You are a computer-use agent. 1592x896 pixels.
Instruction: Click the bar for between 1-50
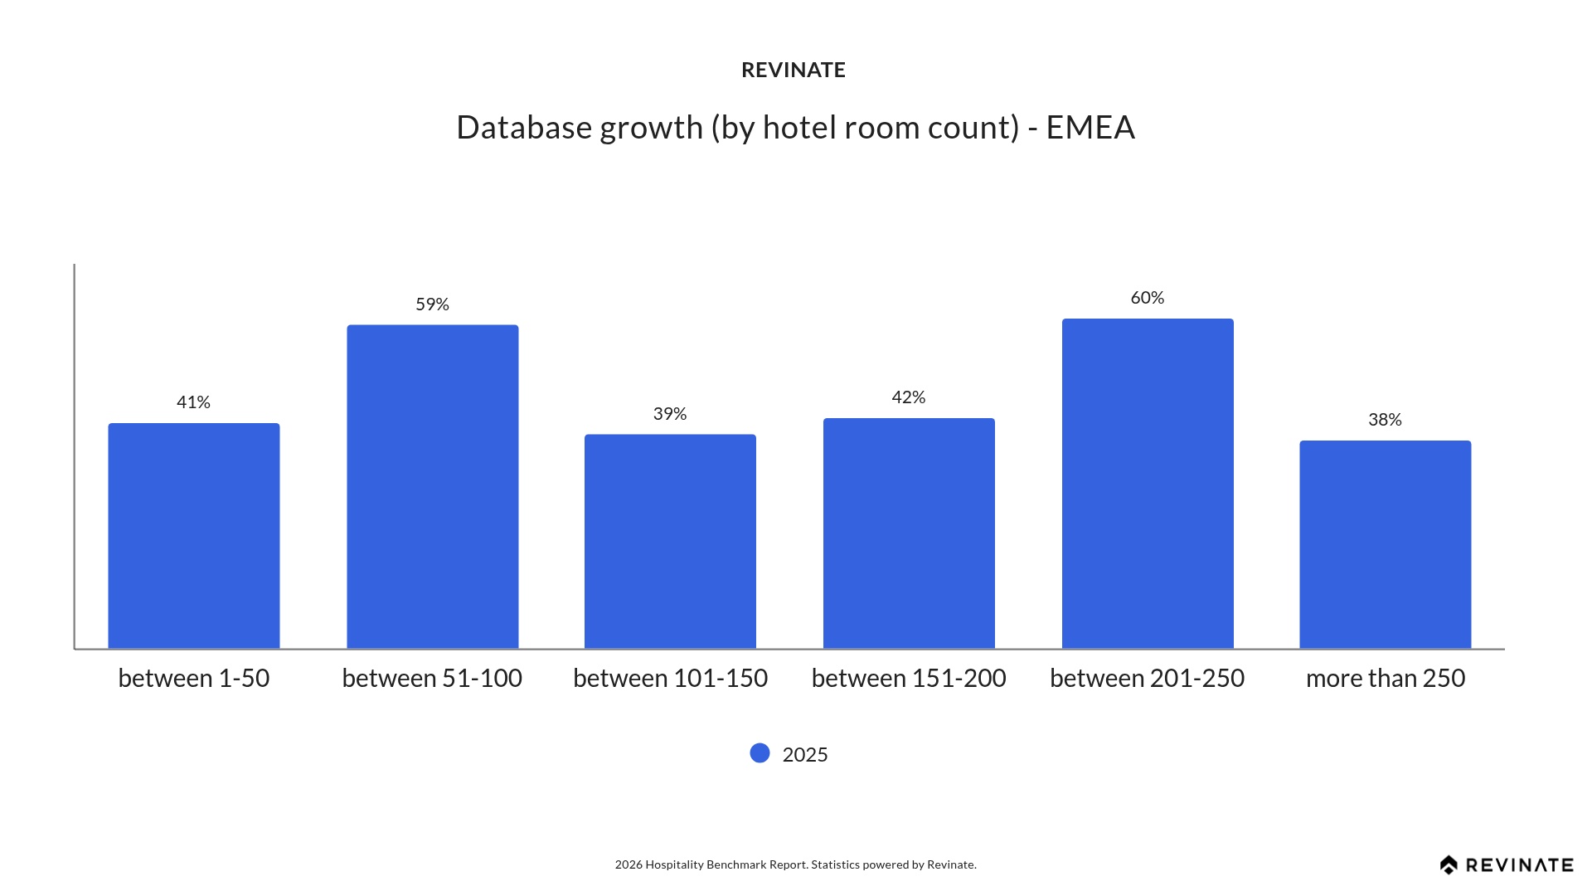pos(194,536)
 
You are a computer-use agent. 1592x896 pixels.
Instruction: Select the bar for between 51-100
pos(433,487)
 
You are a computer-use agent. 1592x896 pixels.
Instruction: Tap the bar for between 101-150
pos(670,541)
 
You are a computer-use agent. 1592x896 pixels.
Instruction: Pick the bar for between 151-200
pos(909,533)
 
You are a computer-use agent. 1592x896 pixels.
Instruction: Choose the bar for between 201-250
pos(1148,484)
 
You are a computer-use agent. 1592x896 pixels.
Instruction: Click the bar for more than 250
pos(1386,544)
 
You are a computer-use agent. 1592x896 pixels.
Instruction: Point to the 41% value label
pos(193,402)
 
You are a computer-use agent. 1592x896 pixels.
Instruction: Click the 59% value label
pos(432,304)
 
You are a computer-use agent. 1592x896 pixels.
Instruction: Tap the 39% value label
pos(670,414)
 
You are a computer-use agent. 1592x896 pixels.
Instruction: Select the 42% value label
pos(909,397)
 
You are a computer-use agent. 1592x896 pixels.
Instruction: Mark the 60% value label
pos(1148,298)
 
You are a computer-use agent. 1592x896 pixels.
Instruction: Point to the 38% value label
pos(1385,420)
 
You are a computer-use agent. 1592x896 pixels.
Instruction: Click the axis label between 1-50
pos(194,678)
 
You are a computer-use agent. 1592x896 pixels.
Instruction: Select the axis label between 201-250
pos(1148,678)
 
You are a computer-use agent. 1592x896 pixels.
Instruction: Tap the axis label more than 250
pos(1386,678)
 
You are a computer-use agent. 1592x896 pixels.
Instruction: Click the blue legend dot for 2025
pos(760,753)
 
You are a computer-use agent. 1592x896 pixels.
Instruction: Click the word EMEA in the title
pos(1090,128)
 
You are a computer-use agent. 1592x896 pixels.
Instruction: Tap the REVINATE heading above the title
pos(794,71)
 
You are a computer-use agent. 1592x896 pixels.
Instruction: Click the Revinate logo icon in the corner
pos(1449,865)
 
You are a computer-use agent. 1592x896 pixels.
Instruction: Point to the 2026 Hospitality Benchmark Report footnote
pos(795,864)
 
